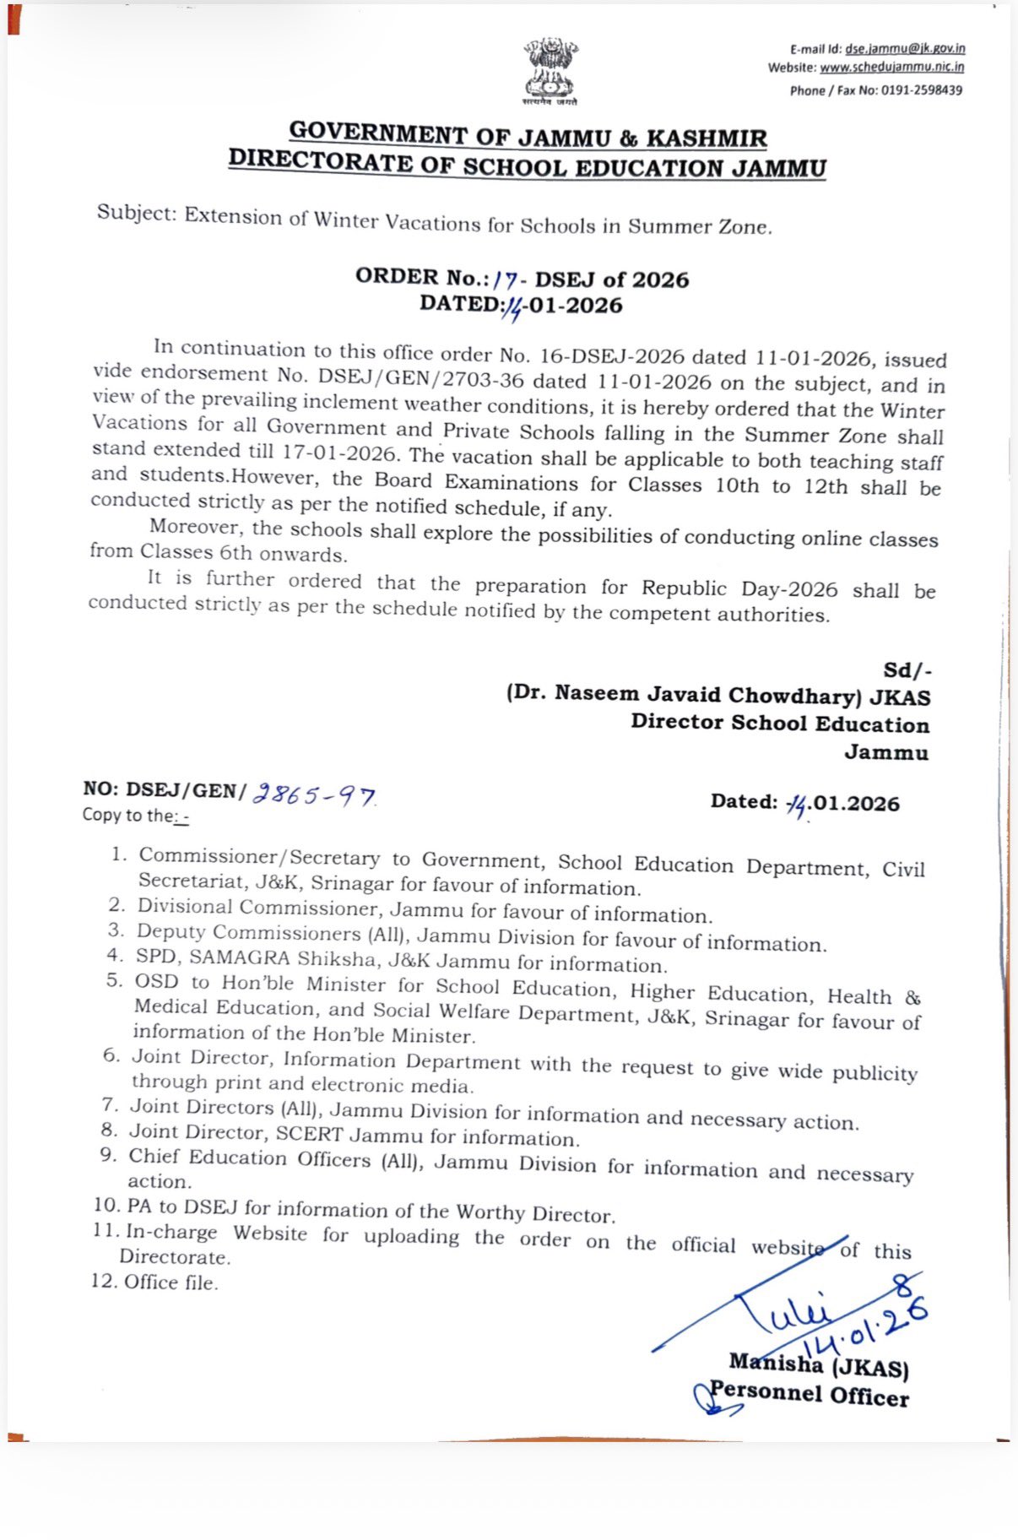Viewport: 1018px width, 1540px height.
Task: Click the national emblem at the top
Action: [550, 70]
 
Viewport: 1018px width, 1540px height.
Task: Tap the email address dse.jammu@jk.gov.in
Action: [905, 49]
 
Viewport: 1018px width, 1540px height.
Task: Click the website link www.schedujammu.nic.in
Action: [891, 68]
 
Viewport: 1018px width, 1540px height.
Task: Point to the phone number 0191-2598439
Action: [922, 90]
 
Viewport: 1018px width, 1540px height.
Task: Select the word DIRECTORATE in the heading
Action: [322, 160]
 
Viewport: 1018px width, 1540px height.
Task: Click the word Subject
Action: [135, 212]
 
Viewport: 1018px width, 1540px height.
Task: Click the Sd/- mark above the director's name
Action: [907, 670]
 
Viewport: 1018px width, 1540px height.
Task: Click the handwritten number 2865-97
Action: [314, 794]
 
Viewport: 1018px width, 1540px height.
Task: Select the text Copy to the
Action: [127, 815]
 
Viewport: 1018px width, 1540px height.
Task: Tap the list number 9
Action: [107, 1154]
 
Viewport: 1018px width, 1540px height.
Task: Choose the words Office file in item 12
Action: [171, 1282]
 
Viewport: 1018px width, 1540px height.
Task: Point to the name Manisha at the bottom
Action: [775, 1362]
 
